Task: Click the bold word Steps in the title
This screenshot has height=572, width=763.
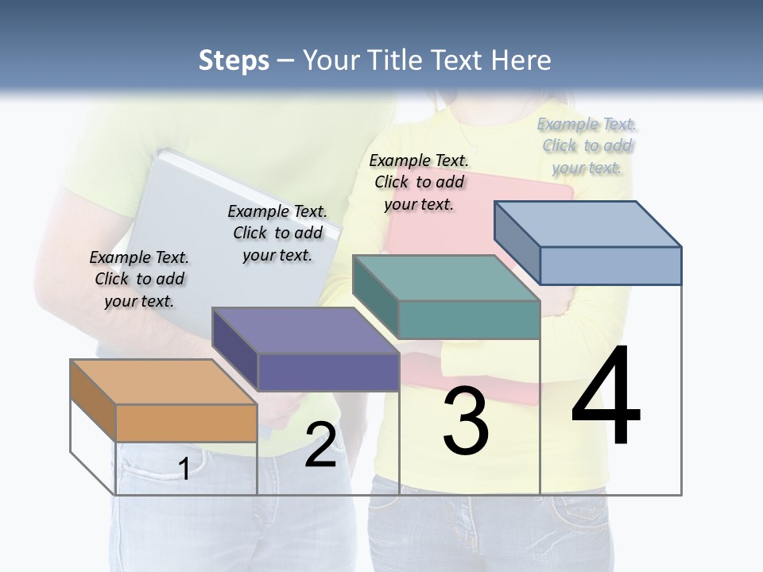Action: pos(234,60)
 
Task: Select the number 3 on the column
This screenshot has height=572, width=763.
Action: pos(466,421)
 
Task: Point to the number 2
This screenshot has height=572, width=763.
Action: pos(321,445)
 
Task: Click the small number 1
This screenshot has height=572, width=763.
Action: pos(184,469)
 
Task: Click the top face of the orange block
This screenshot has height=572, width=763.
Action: pos(164,382)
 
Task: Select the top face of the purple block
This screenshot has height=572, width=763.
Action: pos(305,330)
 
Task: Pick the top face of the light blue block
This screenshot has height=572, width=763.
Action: pos(588,223)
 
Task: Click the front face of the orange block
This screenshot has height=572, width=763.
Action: pos(187,423)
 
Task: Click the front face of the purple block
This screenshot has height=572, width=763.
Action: pos(328,372)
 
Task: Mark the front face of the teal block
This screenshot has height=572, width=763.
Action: pos(469,319)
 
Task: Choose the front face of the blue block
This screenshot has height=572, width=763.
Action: pos(610,265)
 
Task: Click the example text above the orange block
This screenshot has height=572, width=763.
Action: pos(139,279)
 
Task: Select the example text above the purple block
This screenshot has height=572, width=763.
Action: pos(277,233)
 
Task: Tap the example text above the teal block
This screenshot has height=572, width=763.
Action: pos(419,182)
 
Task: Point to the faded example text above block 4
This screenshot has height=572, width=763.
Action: pos(587,145)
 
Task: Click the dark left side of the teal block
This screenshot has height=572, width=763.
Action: pos(375,295)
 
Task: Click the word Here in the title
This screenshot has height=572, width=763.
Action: pos(521,60)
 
